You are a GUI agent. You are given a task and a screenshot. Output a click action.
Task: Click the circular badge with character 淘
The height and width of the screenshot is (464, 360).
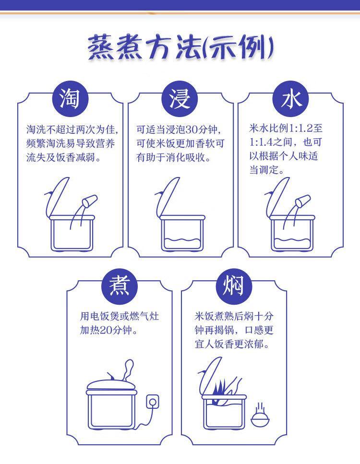(70, 99)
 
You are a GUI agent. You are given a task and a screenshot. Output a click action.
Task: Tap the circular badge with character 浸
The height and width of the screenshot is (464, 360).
(180, 99)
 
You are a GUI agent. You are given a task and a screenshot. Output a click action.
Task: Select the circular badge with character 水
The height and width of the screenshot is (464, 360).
(291, 99)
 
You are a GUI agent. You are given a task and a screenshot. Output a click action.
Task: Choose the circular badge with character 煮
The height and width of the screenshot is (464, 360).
(120, 286)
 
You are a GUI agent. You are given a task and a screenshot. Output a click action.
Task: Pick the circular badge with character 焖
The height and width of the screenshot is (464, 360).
(234, 286)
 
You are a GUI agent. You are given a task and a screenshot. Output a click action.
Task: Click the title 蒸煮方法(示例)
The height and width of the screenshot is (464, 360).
(180, 48)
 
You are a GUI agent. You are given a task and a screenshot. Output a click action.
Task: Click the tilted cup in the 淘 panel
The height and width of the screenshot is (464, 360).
(90, 201)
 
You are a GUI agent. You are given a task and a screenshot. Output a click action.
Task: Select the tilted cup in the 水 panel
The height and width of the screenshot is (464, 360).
(303, 201)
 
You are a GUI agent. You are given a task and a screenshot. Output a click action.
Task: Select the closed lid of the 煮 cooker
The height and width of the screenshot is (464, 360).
(112, 386)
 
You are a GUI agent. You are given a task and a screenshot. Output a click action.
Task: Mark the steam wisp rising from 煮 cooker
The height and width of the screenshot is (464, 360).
(129, 369)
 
